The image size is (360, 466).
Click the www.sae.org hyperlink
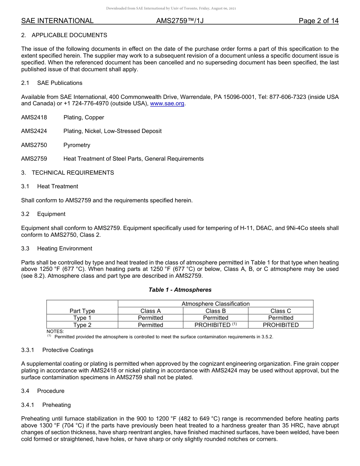(167, 103)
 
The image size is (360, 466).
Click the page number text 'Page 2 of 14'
(318, 21)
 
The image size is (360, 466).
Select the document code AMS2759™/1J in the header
(180, 21)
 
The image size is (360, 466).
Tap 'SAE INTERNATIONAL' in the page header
(57, 21)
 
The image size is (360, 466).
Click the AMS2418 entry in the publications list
(34, 117)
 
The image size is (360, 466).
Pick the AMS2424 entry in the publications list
(34, 131)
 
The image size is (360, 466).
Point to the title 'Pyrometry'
(77, 145)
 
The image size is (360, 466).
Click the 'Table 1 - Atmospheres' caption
(180, 290)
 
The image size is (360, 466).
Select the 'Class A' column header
(150, 311)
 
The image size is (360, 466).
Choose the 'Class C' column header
(280, 311)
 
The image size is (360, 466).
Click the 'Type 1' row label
(82, 318)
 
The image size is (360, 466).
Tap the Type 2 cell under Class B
(215, 325)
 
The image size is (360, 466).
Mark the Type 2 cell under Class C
(280, 325)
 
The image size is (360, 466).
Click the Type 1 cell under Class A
(150, 318)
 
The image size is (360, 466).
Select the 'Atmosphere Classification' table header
(215, 304)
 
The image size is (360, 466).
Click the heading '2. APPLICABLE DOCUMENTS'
(64, 35)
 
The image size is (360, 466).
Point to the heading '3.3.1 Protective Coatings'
(57, 350)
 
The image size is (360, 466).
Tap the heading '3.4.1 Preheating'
(46, 405)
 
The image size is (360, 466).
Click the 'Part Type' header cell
(82, 311)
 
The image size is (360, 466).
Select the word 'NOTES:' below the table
(55, 332)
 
